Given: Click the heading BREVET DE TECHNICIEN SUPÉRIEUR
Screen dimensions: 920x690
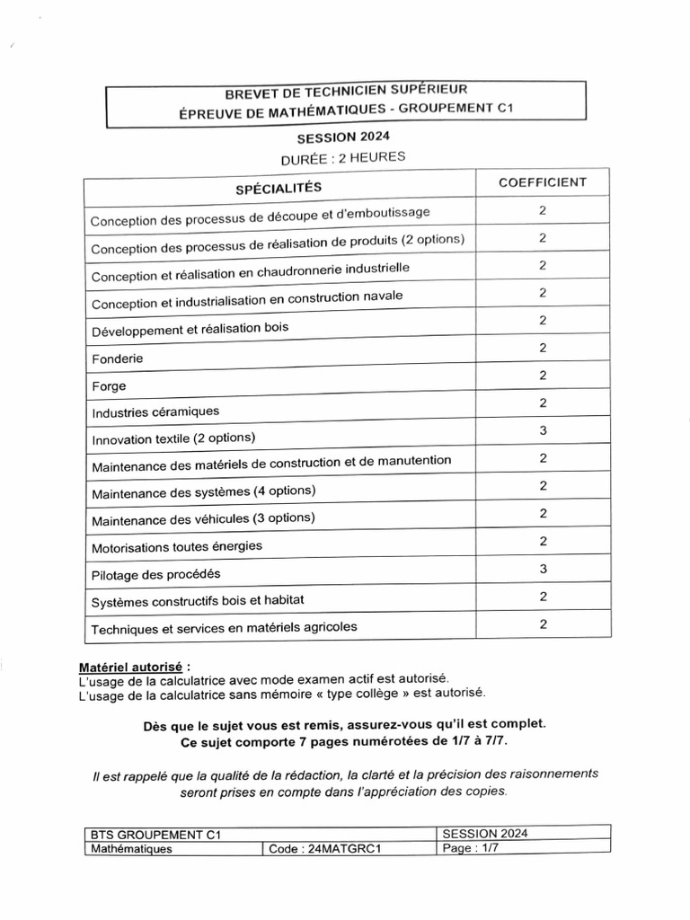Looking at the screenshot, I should point(345,90).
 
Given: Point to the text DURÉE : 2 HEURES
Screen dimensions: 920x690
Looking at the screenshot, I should point(343,157).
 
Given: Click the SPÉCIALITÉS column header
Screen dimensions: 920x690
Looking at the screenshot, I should point(278,188).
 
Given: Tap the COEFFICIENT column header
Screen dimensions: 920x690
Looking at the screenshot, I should point(543,181).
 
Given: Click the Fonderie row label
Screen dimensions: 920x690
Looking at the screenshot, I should point(118,358).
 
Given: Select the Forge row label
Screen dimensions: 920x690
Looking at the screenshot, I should point(109,386).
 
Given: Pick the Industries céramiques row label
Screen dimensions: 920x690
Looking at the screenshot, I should point(155,412).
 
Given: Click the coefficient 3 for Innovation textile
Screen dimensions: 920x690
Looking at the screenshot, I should point(543,431).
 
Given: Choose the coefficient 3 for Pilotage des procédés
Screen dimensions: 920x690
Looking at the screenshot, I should point(543,569).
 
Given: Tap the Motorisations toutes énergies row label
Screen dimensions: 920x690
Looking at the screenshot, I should point(177,546).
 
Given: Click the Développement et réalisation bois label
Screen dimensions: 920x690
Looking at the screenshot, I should point(190,329).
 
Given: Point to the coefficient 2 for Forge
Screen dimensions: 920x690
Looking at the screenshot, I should point(543,376).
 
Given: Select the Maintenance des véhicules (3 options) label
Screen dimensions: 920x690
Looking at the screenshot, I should point(203,518).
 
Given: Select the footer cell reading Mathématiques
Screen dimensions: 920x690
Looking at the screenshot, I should point(132,848).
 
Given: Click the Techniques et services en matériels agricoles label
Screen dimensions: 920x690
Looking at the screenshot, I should point(224,628).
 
